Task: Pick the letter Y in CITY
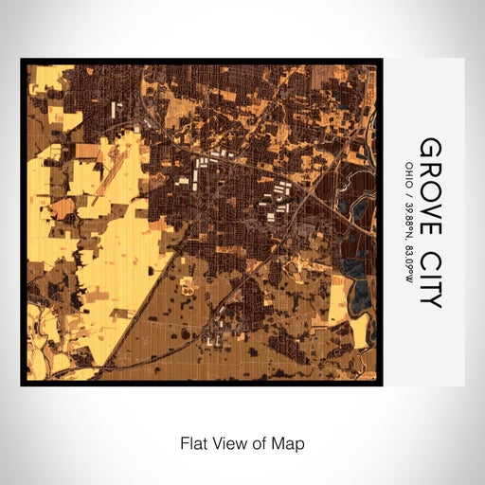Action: click(x=430, y=300)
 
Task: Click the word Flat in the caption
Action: click(x=194, y=442)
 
